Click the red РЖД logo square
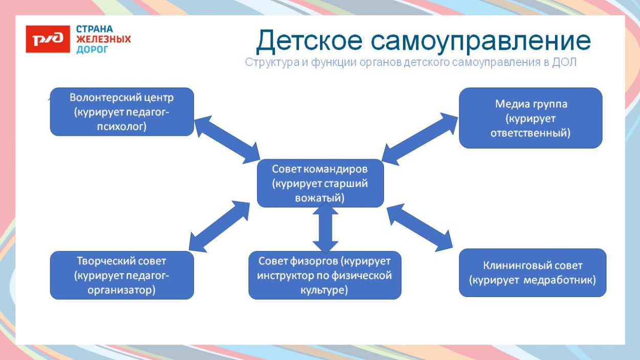point(48,39)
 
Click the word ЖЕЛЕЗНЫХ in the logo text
point(103,39)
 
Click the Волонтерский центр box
point(122,112)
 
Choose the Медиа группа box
point(530,118)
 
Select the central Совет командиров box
point(320,183)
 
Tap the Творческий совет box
point(122,275)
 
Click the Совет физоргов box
point(325,275)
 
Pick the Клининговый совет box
point(532,272)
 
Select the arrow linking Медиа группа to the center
point(419,139)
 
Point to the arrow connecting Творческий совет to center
point(220,226)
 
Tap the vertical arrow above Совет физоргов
point(325,228)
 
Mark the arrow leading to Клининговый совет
point(420,227)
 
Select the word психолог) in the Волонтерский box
point(122,126)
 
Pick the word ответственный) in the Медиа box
point(531,133)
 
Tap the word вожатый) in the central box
point(319,197)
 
